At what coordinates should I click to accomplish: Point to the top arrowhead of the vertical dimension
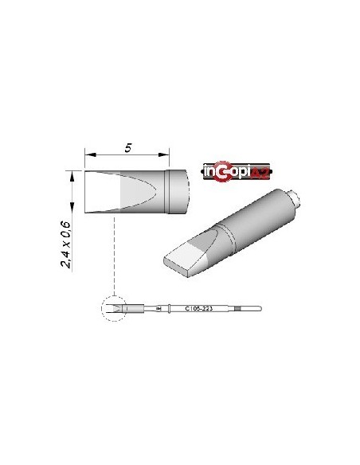[x=72, y=174]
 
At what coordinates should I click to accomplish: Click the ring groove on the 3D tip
[x=225, y=232]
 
